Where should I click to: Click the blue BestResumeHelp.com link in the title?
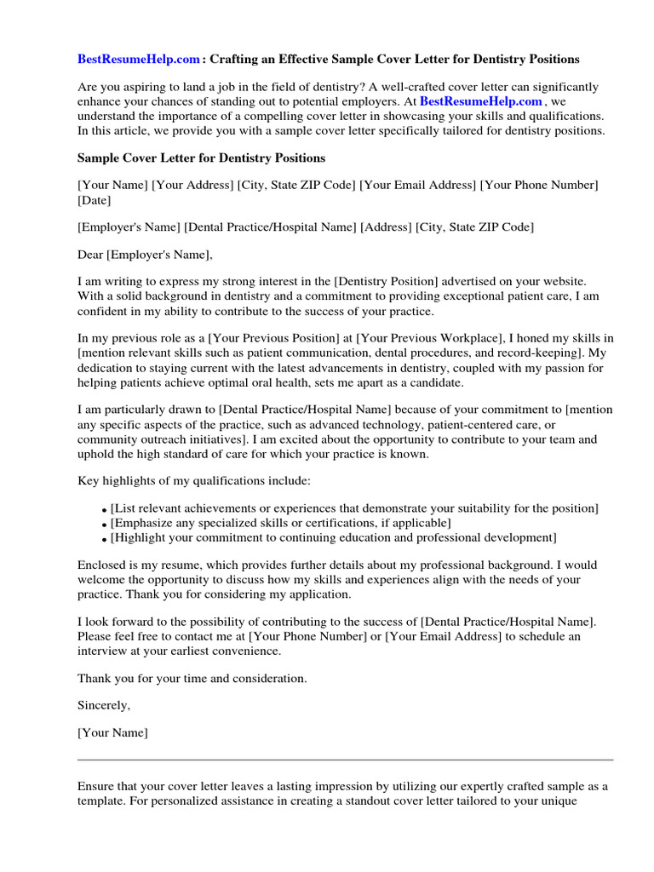tap(139, 60)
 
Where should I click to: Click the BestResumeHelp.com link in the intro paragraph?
tap(480, 101)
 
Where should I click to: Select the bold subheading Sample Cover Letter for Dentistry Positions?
tap(201, 158)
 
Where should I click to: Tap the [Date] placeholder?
tap(94, 200)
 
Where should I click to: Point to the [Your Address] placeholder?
tap(192, 186)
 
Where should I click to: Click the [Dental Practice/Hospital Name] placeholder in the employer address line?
tap(270, 227)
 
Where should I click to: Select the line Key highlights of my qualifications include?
tap(194, 481)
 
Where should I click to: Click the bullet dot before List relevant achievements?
tap(104, 510)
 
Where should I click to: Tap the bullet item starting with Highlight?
tap(333, 537)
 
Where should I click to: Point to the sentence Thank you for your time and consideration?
tap(192, 679)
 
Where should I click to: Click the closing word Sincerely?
tap(103, 706)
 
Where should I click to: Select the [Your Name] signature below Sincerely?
tap(112, 733)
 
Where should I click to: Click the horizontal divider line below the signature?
tap(345, 759)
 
